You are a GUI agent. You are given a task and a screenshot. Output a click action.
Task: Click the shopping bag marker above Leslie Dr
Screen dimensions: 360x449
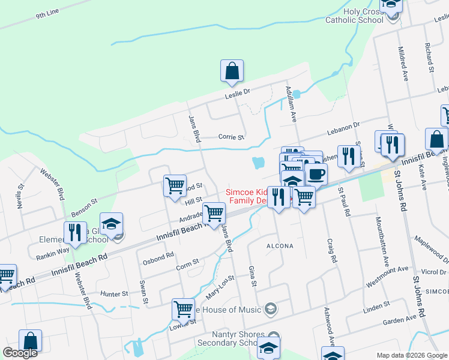[x=232, y=71]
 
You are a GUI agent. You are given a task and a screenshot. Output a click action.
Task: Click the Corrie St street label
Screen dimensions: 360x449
[x=231, y=137]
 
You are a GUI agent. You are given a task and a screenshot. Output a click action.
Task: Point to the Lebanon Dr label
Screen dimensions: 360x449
[x=343, y=128]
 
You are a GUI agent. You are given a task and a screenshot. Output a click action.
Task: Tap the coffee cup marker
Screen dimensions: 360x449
[x=316, y=175]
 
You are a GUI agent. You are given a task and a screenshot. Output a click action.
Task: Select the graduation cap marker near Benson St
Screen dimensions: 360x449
[x=111, y=224]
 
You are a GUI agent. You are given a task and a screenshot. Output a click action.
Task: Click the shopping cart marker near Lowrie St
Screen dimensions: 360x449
[x=183, y=310]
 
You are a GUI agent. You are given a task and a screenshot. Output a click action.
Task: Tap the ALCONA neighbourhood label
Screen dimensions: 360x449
[x=280, y=246]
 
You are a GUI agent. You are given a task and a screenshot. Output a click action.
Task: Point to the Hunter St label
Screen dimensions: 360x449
[x=115, y=294]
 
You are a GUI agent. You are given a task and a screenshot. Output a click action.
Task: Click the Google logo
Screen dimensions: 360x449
[x=20, y=353]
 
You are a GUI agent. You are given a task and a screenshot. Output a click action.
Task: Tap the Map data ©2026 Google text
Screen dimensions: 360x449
[x=412, y=355]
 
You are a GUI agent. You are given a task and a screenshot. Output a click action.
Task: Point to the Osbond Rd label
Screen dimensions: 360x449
[x=158, y=259]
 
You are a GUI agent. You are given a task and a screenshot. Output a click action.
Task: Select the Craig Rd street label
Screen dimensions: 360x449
[x=331, y=251]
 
